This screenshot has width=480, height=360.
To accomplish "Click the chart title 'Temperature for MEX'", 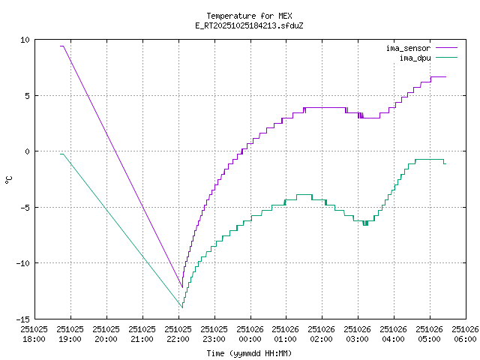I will pyautogui.click(x=248, y=16).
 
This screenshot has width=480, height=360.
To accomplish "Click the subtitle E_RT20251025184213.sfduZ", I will pyautogui.click(x=248, y=25).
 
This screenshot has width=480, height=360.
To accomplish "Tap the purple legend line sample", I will pyautogui.click(x=445, y=48).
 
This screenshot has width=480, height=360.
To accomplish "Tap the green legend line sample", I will pyautogui.click(x=445, y=57).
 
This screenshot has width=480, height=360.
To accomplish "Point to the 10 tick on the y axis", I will pyautogui.click(x=25, y=40).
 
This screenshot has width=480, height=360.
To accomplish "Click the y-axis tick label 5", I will pyautogui.click(x=27, y=95).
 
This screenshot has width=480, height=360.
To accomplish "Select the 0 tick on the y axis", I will pyautogui.click(x=27, y=151).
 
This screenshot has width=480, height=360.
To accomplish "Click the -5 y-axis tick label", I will pyautogui.click(x=25, y=207).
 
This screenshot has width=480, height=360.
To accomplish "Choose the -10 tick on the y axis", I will pyautogui.click(x=22, y=262).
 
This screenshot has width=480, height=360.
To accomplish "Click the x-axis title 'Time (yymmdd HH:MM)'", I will pyautogui.click(x=248, y=353).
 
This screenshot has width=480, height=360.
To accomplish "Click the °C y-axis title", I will pyautogui.click(x=9, y=179).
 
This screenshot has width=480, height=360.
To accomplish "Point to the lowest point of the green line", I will pyautogui.click(x=181, y=307).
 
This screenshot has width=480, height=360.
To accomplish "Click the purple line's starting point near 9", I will pyautogui.click(x=61, y=46).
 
